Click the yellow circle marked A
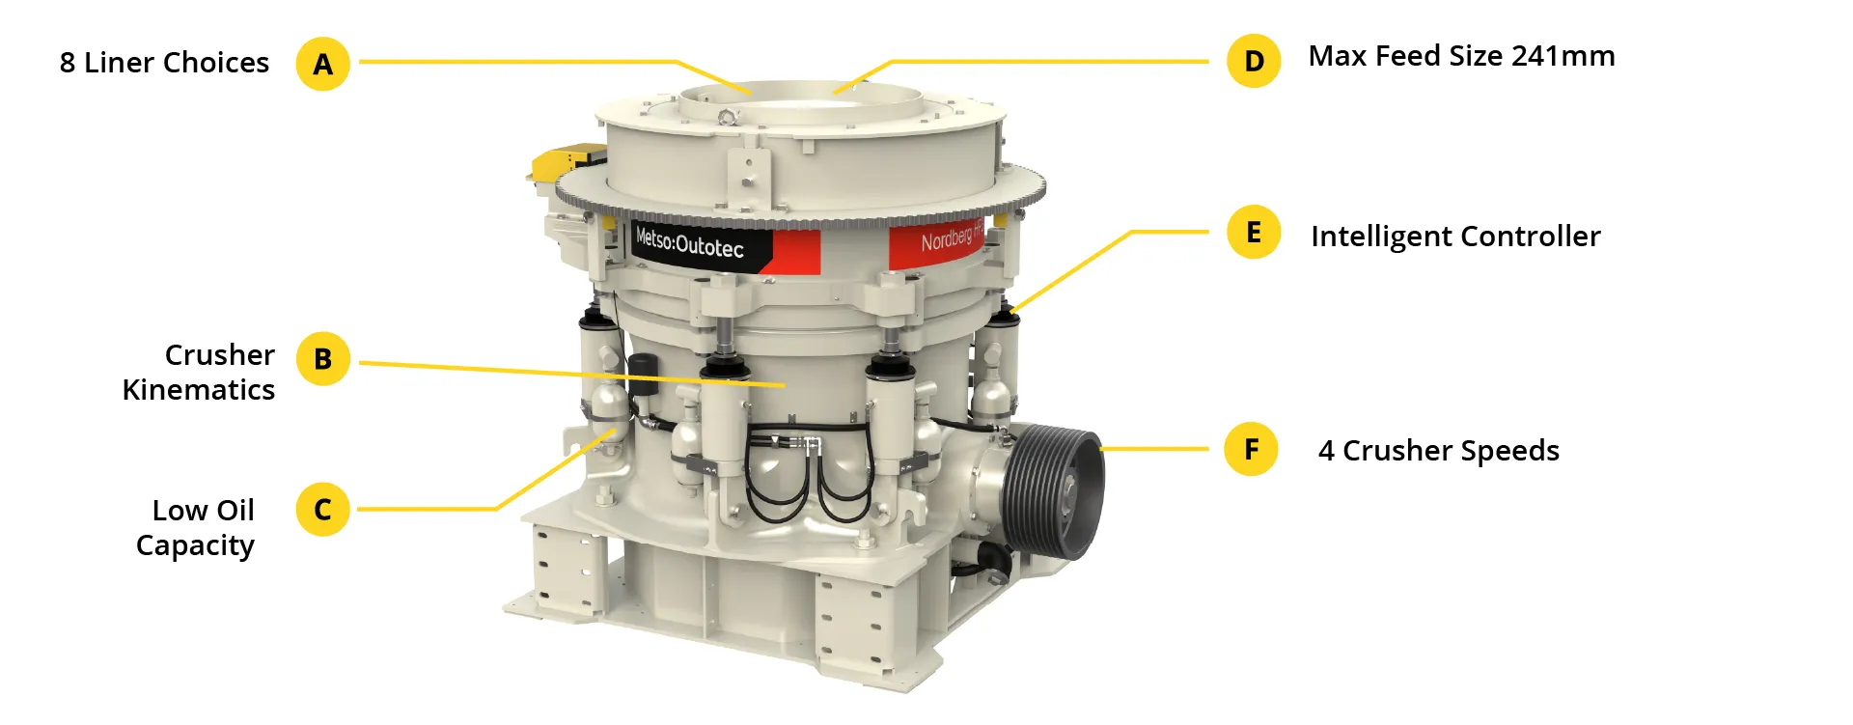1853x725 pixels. coord(322,64)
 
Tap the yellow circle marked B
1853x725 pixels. coord(322,358)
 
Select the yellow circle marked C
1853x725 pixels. coord(322,509)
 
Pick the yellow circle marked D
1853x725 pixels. coord(1254,61)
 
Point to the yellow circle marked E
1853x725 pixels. coord(1254,233)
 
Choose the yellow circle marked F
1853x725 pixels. coord(1251,449)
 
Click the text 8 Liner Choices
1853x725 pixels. coord(164,63)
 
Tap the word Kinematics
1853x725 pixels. coord(199,390)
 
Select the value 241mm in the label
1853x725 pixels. coord(1563,56)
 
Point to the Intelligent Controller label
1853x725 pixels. coord(1455,237)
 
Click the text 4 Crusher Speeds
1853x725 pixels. coord(1438,451)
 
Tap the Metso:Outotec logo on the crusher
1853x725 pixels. coord(690,242)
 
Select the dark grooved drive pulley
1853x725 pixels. coord(1054,489)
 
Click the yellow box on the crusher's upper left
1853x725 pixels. coord(568,159)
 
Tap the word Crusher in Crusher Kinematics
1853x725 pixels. coord(220,355)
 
